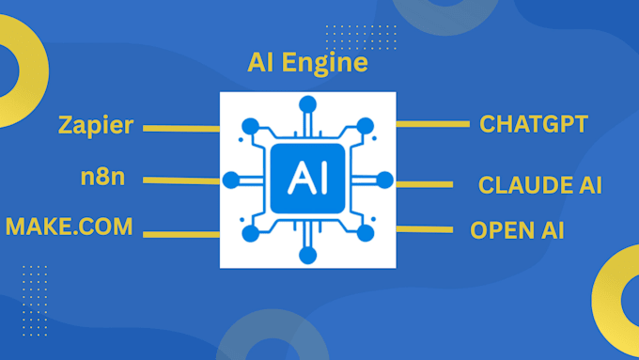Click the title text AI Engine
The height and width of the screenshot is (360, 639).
[306, 65]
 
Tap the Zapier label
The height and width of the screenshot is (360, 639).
[95, 125]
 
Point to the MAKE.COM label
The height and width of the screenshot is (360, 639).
[70, 227]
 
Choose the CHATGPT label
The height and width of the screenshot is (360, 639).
[534, 124]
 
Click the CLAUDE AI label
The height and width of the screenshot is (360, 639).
[539, 184]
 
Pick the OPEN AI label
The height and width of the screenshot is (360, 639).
[517, 230]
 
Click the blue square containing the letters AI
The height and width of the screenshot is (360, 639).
[306, 178]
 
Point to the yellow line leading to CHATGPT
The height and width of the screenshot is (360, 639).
[432, 123]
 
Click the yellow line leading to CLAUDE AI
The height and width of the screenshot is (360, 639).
[432, 184]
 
